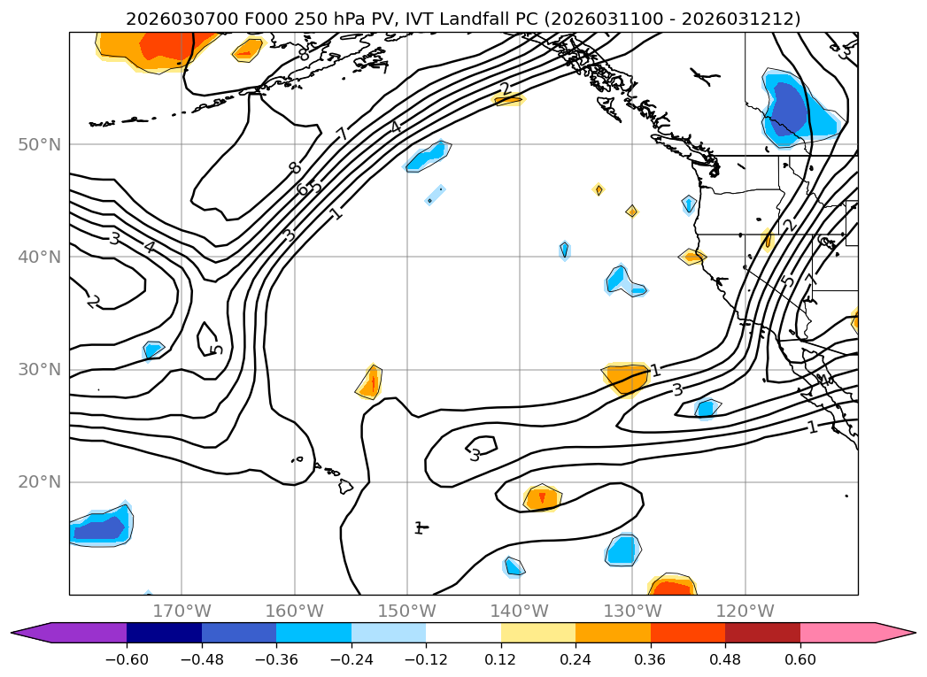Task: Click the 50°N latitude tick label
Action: [41, 144]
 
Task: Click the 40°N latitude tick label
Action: [41, 257]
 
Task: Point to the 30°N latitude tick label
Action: [41, 369]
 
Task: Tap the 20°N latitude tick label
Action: [41, 481]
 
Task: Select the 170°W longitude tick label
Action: [182, 611]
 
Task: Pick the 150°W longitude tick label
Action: [406, 611]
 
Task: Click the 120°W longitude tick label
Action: [745, 611]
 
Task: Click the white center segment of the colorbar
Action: [463, 633]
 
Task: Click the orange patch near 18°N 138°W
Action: [542, 498]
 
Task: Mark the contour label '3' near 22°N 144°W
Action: [475, 456]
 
